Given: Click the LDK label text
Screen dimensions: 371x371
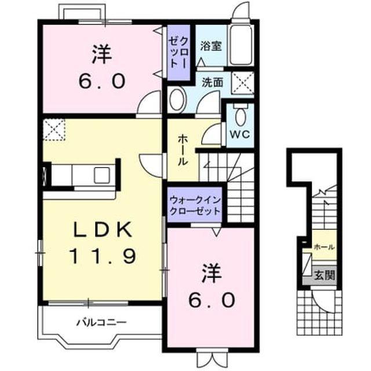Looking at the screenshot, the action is pyautogui.click(x=103, y=230).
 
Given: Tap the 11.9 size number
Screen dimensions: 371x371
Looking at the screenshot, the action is pyautogui.click(x=103, y=256).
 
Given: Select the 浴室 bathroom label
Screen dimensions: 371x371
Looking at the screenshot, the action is pyautogui.click(x=211, y=46).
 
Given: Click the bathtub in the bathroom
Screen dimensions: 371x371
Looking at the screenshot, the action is pyautogui.click(x=241, y=45).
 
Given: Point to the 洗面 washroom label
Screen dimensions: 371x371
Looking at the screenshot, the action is pyautogui.click(x=213, y=82).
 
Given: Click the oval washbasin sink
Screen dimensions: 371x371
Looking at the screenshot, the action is pyautogui.click(x=178, y=100).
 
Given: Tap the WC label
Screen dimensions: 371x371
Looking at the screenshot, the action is pyautogui.click(x=240, y=134).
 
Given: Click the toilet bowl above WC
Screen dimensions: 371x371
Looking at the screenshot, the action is pyautogui.click(x=240, y=115).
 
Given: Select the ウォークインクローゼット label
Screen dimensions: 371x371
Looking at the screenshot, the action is pyautogui.click(x=195, y=205).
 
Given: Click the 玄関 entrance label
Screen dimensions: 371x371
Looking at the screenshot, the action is pyautogui.click(x=325, y=275).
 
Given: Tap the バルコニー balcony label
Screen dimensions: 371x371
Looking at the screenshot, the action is pyautogui.click(x=101, y=322).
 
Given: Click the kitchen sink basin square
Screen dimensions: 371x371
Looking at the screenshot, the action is pyautogui.click(x=102, y=175).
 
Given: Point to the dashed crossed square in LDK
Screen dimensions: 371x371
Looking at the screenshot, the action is pyautogui.click(x=54, y=130).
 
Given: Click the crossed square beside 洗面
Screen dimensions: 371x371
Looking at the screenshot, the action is pyautogui.click(x=242, y=83).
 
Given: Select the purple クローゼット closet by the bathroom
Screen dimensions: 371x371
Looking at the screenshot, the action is pyautogui.click(x=179, y=52).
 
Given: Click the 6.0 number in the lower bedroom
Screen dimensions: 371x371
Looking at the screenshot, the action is pyautogui.click(x=212, y=300).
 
